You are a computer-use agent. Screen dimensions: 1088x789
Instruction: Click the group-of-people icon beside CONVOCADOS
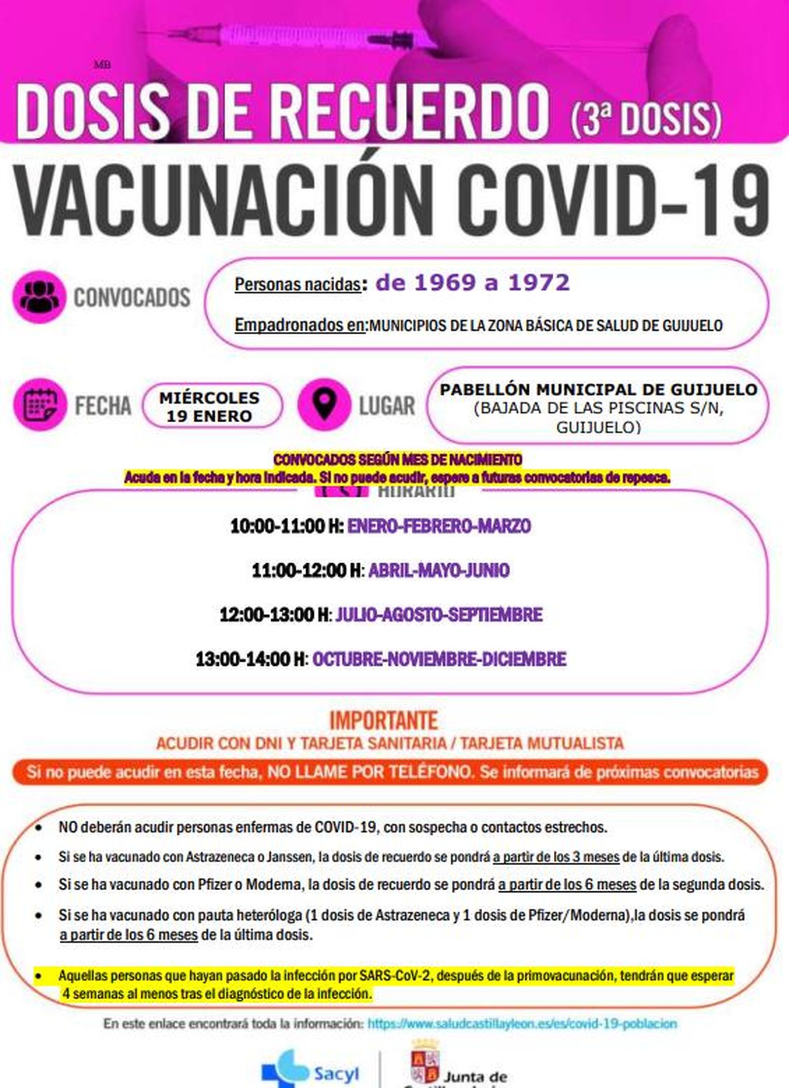pos(39,296)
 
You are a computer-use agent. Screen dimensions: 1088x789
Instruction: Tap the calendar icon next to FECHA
pos(40,404)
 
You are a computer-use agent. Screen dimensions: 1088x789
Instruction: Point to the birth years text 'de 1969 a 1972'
pos(472,283)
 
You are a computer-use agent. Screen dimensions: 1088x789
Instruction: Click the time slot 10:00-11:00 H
pos(287,526)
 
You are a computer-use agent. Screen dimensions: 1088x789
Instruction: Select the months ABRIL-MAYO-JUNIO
pos(439,571)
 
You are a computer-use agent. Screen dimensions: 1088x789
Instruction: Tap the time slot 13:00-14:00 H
pos(250,659)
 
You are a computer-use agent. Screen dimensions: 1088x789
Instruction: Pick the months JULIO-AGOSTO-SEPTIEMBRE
pos(439,615)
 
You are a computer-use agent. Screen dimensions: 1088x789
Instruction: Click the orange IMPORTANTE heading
pos(383,721)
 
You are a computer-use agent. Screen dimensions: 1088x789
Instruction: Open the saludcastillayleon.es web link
pos(522,1023)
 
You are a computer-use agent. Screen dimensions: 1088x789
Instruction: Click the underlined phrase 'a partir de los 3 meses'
pos(556,857)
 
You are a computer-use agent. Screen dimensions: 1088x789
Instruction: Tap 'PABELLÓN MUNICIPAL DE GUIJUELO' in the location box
pos(598,390)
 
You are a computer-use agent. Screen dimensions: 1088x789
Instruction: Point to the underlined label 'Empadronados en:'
pos(300,325)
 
